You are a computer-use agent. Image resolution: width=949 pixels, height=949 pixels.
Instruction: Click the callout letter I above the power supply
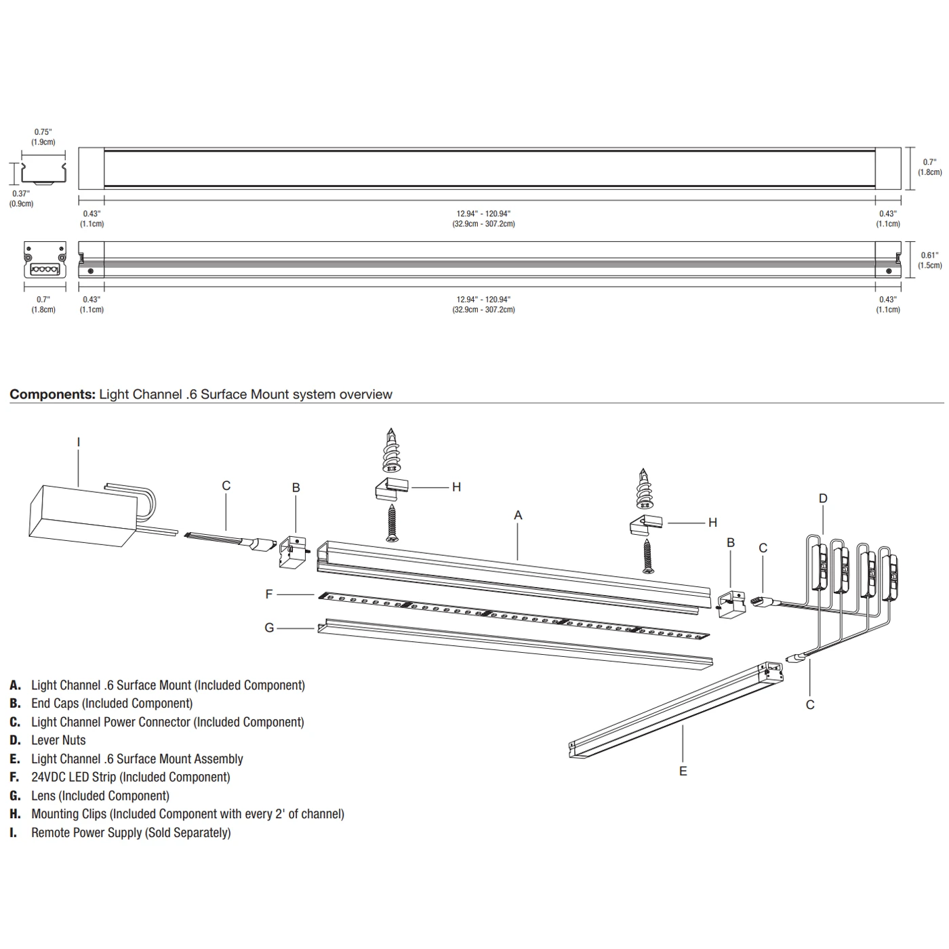pos(79,443)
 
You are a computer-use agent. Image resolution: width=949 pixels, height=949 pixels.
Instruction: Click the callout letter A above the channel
pos(518,515)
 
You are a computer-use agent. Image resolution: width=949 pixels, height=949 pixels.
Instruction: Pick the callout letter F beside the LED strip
pos(269,594)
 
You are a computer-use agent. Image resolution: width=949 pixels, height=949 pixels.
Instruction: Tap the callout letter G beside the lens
pos(269,628)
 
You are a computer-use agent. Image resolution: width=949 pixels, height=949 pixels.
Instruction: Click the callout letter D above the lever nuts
pos(823,498)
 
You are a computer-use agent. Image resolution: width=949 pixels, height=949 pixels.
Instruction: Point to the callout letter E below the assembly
pos(683,771)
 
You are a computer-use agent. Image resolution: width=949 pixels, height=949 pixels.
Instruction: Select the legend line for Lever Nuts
pos(58,740)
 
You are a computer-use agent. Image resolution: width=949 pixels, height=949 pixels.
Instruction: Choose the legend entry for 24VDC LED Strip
pos(130,778)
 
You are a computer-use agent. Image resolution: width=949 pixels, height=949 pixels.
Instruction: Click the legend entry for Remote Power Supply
pos(131,832)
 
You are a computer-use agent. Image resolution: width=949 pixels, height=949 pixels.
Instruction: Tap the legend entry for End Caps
pos(112,704)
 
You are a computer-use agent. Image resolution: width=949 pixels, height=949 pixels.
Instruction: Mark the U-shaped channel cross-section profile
pos(43,173)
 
